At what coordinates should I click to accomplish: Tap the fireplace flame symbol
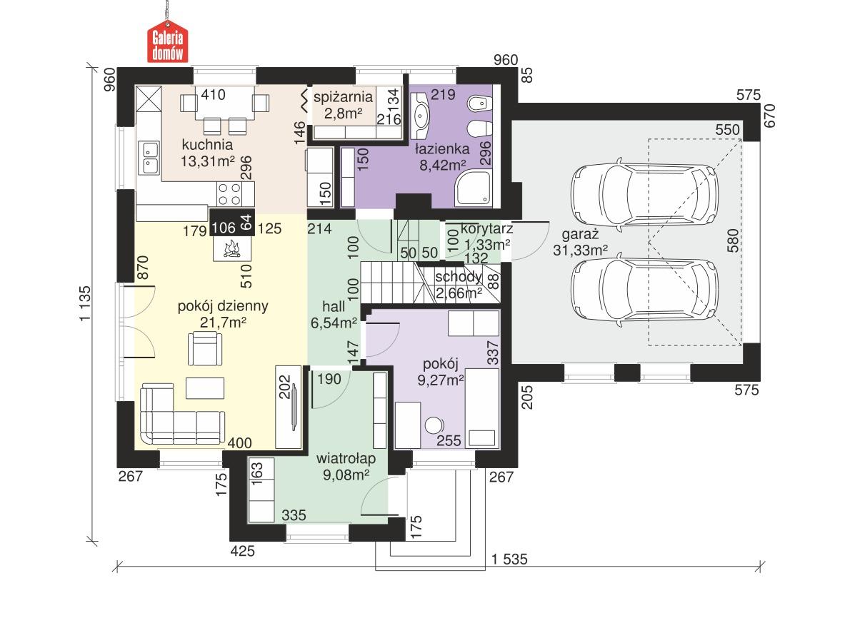pos(231,249)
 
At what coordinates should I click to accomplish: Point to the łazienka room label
pos(442,157)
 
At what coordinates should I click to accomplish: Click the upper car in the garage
pos(644,191)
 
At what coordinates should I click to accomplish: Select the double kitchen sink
pos(150,158)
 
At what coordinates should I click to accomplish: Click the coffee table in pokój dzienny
pos(205,388)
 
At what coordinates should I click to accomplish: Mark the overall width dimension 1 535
pos(509,559)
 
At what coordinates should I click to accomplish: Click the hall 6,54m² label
pos(334,315)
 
